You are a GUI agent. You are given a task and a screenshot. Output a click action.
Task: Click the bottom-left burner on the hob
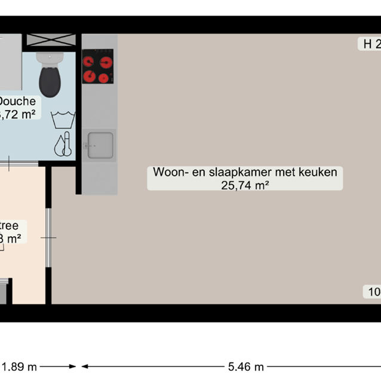coord(90,76)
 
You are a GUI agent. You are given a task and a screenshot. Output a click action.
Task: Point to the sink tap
coord(90,145)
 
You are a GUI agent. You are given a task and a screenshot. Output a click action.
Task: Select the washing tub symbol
coord(63,119)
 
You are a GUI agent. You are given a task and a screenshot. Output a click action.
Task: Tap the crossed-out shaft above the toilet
coord(50,41)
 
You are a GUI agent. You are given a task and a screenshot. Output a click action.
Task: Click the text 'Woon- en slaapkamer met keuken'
coord(245,173)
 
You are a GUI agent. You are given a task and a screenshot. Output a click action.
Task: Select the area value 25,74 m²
coord(245,185)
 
